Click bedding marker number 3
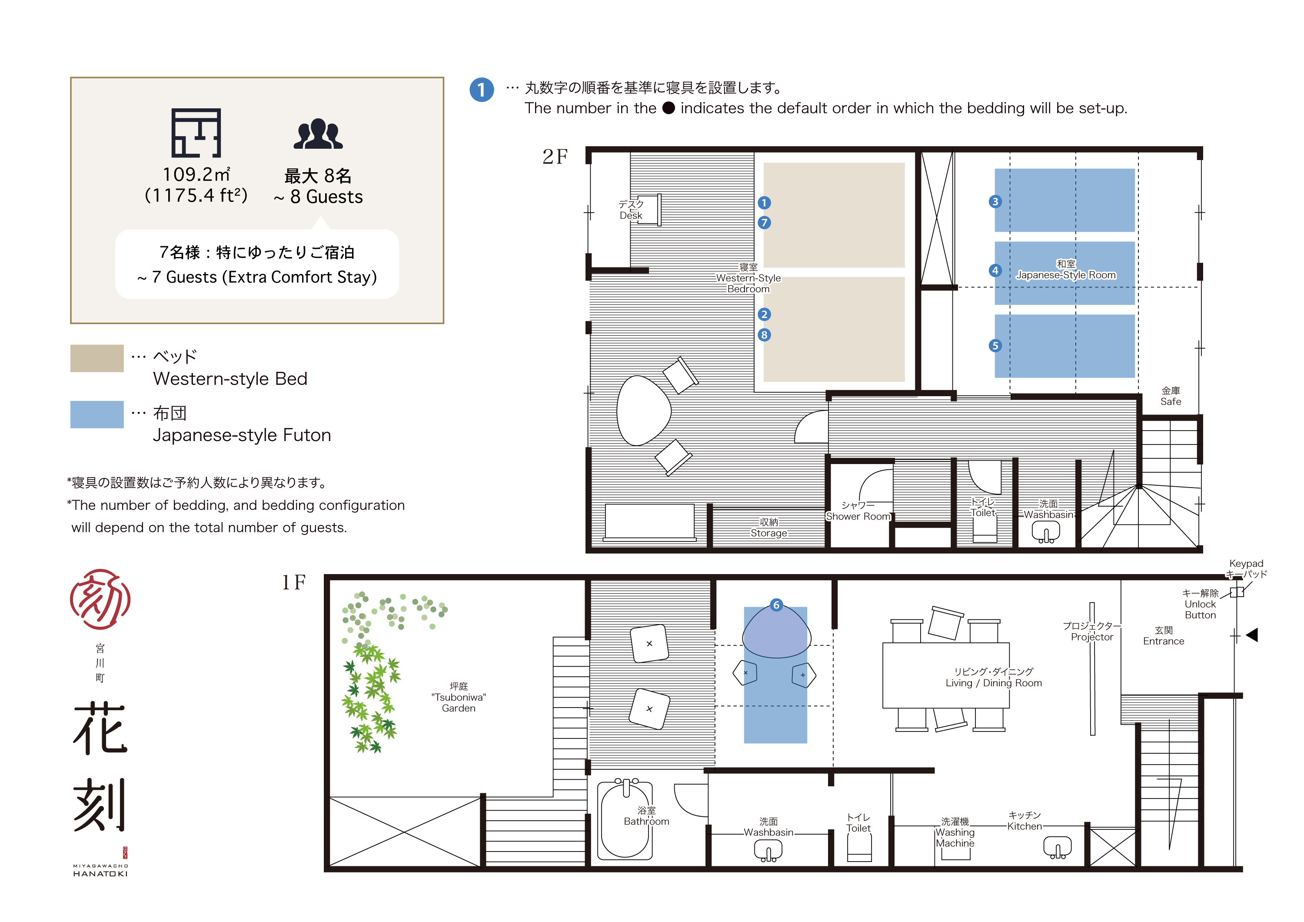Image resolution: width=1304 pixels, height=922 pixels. coord(995,202)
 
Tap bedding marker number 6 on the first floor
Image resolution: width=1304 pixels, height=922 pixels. coord(776,605)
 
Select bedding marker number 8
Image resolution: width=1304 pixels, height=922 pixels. coord(764,335)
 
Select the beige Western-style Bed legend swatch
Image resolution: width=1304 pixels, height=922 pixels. coord(96,358)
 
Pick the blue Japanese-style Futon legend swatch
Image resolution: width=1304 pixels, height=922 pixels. coord(96,415)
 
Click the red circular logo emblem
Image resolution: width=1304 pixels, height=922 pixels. coord(100,599)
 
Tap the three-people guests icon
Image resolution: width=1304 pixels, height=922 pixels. coord(318,135)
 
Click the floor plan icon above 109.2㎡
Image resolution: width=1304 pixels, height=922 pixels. coord(196,133)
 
